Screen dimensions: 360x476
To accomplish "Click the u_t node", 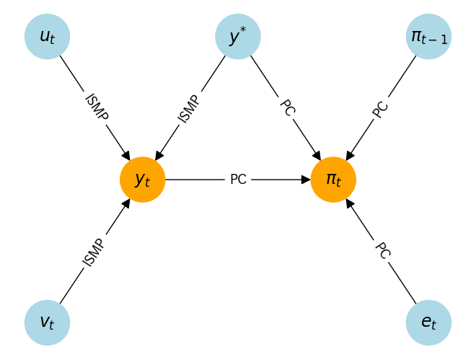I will pyautogui.click(x=47, y=36).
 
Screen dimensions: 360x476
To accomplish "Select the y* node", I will pyautogui.click(x=238, y=36).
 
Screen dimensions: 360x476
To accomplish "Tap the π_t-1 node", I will pyautogui.click(x=428, y=36).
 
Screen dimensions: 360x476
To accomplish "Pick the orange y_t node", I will pyautogui.click(x=143, y=180).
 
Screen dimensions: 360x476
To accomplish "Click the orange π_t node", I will pyautogui.click(x=333, y=180).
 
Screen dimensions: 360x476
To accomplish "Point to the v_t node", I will pyautogui.click(x=47, y=322).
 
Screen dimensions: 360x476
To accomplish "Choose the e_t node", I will pyautogui.click(x=428, y=322).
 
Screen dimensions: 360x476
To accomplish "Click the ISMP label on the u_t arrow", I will pyautogui.click(x=95, y=107).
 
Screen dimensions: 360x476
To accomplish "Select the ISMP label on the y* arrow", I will pyautogui.click(x=190, y=108).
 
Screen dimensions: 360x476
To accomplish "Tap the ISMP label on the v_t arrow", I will pyautogui.click(x=94, y=252).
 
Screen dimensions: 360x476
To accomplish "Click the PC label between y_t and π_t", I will pyautogui.click(x=238, y=180).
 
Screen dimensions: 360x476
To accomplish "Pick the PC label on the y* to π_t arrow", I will pyautogui.click(x=286, y=107).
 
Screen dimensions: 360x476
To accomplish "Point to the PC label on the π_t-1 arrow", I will pyautogui.click(x=381, y=108).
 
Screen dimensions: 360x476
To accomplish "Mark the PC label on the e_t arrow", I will pyautogui.click(x=382, y=250).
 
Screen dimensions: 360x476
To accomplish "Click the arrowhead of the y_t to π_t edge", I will pyautogui.click(x=306, y=180).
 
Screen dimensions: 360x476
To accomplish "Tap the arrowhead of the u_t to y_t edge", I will pyautogui.click(x=127, y=155).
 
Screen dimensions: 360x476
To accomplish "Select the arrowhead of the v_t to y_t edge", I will pyautogui.click(x=127, y=203).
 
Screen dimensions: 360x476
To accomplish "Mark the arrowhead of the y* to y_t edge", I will pyautogui.click(x=159, y=155).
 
